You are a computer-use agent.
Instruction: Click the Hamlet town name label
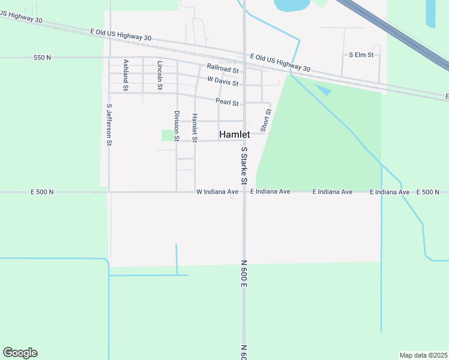pos(234,135)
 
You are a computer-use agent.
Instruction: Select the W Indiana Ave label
pos(217,192)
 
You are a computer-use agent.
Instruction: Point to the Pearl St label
pos(227,103)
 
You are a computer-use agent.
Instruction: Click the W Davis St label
pos(223,80)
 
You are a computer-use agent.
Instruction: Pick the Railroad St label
pos(223,68)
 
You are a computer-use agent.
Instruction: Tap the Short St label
pos(265,120)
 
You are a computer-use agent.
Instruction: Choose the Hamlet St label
pos(194,127)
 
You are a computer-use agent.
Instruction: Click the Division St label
pos(177,125)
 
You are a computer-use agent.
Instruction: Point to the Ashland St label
pos(126,74)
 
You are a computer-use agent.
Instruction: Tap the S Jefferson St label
pos(109,125)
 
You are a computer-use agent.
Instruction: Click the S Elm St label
pos(361,55)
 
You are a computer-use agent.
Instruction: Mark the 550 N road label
pos(43,58)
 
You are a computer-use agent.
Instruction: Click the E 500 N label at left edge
pos(42,192)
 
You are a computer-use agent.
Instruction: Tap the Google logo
pos(20,353)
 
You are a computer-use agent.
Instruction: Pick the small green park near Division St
pos(167,136)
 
